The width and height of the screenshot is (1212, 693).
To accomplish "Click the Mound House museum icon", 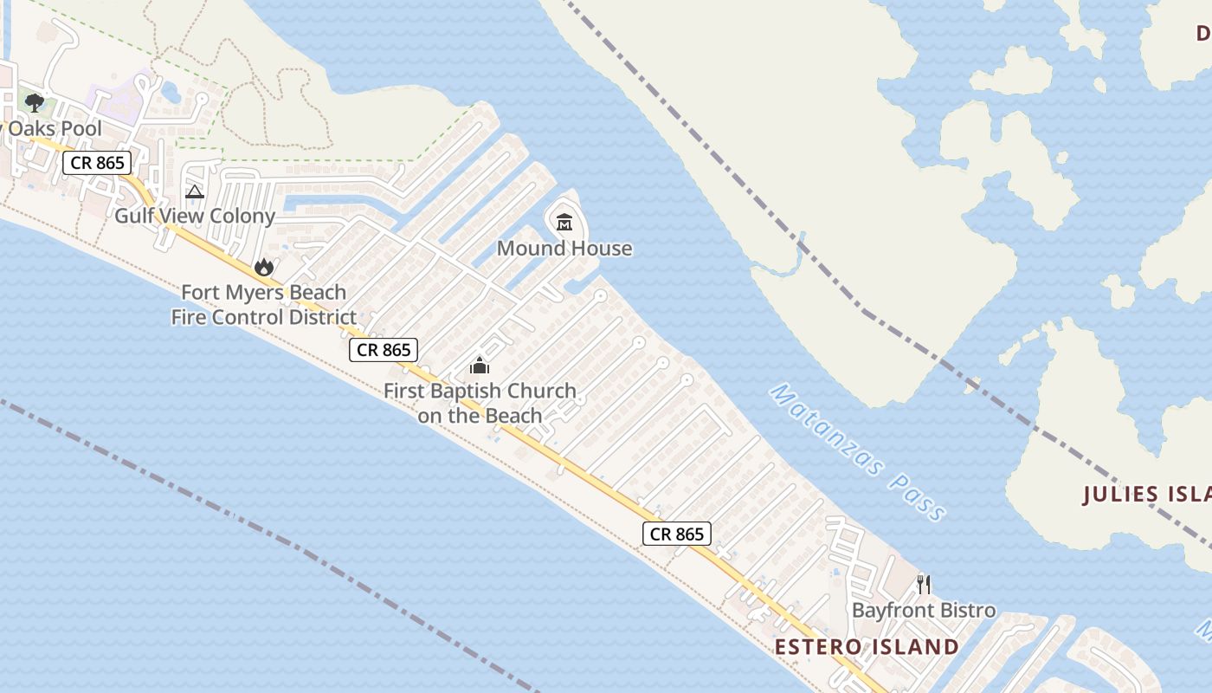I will point(564,223).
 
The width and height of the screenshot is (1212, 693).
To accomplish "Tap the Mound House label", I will point(564,249).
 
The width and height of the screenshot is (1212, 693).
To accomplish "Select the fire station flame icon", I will point(264,267).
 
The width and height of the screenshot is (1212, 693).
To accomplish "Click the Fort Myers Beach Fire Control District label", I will point(263,305).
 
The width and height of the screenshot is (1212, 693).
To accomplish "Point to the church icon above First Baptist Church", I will point(480,365).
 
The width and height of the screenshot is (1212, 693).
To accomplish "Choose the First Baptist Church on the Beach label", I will point(480,403).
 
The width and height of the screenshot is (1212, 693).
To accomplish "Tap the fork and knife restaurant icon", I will point(924,585).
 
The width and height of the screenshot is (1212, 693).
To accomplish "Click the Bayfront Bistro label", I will point(924,611).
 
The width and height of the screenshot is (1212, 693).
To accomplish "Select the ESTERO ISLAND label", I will point(867,647).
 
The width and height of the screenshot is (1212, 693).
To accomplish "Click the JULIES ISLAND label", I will point(1146,495).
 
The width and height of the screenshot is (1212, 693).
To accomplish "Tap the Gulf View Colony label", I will point(195,216).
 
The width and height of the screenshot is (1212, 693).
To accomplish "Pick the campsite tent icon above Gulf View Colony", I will point(195,191).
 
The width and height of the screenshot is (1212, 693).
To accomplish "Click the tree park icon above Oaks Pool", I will point(35,104).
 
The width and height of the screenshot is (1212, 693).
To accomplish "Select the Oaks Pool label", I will point(52,129).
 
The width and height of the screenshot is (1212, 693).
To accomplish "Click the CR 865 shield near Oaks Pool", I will point(97,162).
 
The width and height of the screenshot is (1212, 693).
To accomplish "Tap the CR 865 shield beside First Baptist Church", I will point(384,350).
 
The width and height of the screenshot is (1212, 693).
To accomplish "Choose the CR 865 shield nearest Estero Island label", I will point(677,534).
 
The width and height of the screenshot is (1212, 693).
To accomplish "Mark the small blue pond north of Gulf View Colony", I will point(171,89).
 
